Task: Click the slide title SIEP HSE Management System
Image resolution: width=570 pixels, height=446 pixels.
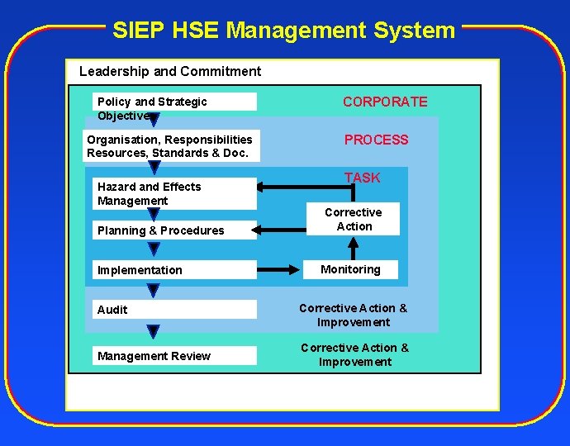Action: point(283,31)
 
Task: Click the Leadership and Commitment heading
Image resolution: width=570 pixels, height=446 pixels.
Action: point(169,71)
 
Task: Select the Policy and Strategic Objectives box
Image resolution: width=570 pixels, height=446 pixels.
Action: point(174,102)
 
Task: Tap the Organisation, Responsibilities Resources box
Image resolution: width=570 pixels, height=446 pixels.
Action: point(169,146)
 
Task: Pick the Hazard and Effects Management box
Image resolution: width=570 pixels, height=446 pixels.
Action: point(174,194)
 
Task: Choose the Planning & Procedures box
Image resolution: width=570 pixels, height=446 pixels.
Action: point(174,230)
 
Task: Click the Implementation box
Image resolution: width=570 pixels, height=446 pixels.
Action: point(174,270)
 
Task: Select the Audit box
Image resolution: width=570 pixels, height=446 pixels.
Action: point(174,310)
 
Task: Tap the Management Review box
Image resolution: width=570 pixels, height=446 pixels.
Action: point(174,356)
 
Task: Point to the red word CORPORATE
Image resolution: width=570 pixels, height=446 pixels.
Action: point(385,102)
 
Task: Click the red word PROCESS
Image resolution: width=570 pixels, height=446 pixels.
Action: point(376,140)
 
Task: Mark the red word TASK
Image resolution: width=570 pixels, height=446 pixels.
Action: point(362,178)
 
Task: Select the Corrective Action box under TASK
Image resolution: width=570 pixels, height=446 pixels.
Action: point(354,220)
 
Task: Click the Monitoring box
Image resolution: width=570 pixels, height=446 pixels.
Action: point(350,269)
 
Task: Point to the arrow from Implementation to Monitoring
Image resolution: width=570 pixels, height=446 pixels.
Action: point(281,270)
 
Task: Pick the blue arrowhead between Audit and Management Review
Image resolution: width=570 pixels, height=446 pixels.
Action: point(153,332)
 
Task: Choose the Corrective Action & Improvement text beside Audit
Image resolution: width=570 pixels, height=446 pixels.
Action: point(353,315)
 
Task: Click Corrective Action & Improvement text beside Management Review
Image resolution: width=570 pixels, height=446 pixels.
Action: point(354,354)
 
